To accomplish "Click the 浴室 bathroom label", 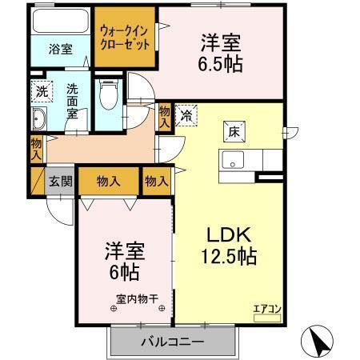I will pyautogui.click(x=60, y=49).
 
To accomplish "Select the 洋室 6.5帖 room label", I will pyautogui.click(x=218, y=52).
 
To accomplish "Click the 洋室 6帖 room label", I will pyautogui.click(x=123, y=261).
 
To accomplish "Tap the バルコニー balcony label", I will pyautogui.click(x=173, y=342).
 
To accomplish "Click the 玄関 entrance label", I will pyautogui.click(x=60, y=181).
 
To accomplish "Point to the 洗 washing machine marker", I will pyautogui.click(x=41, y=90).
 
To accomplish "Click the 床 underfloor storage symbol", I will pyautogui.click(x=228, y=127).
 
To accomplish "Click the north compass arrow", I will pyautogui.click(x=318, y=342).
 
